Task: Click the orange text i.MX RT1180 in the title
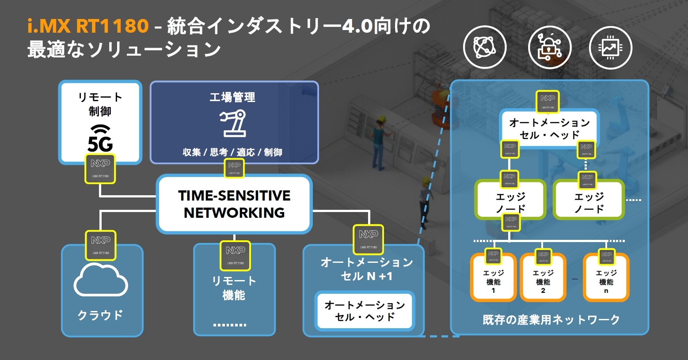pyautogui.click(x=88, y=26)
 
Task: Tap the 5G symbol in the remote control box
pyautogui.click(x=100, y=138)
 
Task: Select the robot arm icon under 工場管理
pyautogui.click(x=233, y=123)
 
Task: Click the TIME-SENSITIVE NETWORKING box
pyautogui.click(x=234, y=204)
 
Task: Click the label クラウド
pyautogui.click(x=100, y=315)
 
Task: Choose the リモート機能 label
pyautogui.click(x=234, y=288)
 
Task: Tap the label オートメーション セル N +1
pyautogui.click(x=366, y=269)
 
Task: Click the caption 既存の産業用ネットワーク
pyautogui.click(x=551, y=319)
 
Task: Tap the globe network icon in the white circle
pyautogui.click(x=485, y=47)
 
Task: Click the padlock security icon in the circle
pyautogui.click(x=550, y=47)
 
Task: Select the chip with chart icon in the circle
pyautogui.click(x=611, y=47)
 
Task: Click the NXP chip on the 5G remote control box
pyautogui.click(x=100, y=168)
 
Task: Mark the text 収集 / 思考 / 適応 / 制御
pyautogui.click(x=232, y=152)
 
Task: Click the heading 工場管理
pyautogui.click(x=232, y=97)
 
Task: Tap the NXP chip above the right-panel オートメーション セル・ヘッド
pyautogui.click(x=548, y=102)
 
